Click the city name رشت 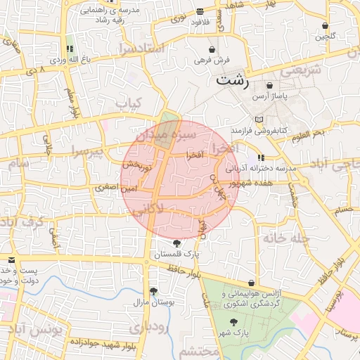pos(233,79)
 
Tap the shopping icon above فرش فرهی pos(212,51)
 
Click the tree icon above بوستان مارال pos(153,291)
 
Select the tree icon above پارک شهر pos(233,321)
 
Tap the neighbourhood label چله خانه pos(286,238)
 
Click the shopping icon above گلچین pos(326,26)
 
